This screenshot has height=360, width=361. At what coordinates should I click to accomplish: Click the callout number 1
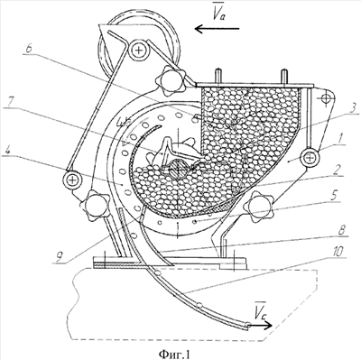click(342, 139)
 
